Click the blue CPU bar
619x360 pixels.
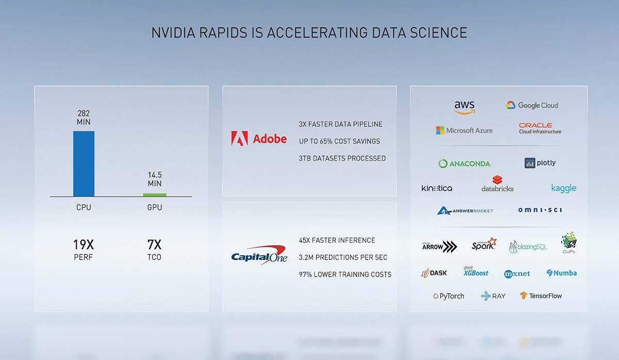83,164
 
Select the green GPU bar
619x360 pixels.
155,195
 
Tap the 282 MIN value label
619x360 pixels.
83,117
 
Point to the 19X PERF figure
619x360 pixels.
83,250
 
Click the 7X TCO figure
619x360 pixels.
154,250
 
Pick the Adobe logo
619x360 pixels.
259,139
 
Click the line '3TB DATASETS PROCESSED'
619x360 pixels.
342,159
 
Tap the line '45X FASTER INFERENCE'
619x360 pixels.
337,241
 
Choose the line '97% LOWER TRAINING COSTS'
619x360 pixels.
345,275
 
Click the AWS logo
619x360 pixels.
464,108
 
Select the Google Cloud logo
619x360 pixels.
532,105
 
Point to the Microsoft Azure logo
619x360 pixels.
464,131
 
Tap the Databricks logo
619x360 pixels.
497,183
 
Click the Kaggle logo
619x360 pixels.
564,188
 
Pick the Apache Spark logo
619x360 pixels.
484,244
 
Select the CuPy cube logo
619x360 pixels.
568,243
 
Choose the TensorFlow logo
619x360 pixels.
541,296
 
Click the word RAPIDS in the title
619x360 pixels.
223,33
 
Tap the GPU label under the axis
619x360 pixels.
155,208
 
